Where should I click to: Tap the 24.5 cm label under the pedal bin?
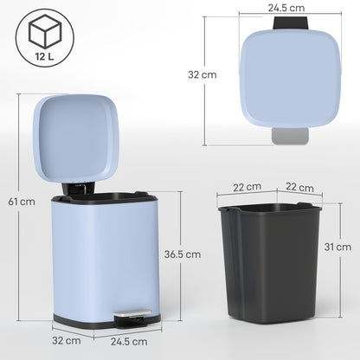[x=128, y=341]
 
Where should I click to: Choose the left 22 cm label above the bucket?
[x=247, y=186]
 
